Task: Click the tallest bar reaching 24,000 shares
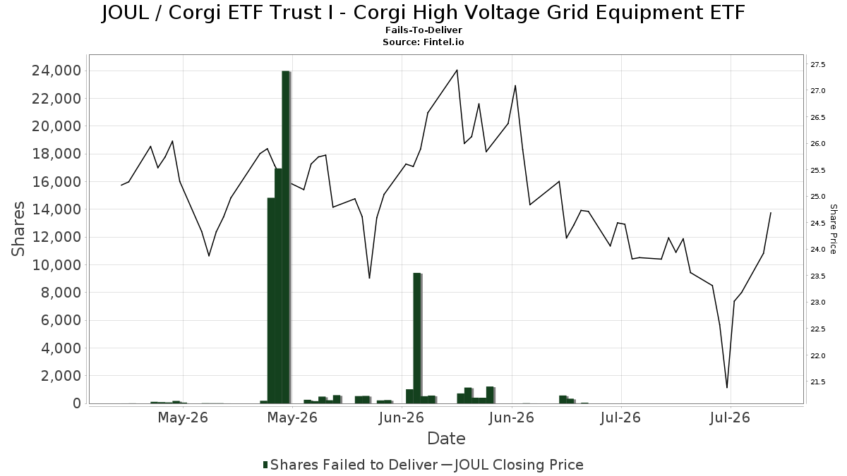[286, 237]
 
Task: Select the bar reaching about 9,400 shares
[417, 338]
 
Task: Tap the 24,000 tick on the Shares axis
[56, 71]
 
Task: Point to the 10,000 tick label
[56, 265]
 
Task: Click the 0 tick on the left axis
[77, 403]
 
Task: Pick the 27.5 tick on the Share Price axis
[818, 65]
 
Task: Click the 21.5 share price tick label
[818, 382]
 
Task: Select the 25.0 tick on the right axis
[818, 197]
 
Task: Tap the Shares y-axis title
[18, 229]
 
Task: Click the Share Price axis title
[833, 229]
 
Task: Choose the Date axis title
[446, 439]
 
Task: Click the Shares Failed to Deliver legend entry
[350, 465]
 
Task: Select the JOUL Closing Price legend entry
[512, 465]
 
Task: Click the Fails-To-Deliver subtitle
[423, 30]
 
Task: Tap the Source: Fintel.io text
[423, 42]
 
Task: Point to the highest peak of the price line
[457, 71]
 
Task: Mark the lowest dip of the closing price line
[727, 387]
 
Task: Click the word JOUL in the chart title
[125, 13]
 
